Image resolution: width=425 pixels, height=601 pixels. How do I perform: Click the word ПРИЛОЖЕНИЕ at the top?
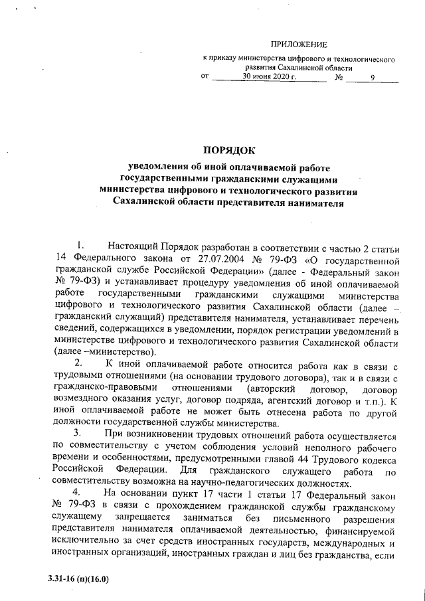(299, 44)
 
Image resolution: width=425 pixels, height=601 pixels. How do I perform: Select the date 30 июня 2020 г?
(267, 77)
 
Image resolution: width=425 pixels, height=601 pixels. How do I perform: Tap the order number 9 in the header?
(373, 78)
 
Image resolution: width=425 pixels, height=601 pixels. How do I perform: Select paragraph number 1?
(80, 248)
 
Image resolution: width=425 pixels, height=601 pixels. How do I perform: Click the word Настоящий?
(133, 248)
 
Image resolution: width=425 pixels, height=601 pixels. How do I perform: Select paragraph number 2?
(80, 363)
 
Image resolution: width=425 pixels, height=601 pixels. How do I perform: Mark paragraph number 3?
(80, 434)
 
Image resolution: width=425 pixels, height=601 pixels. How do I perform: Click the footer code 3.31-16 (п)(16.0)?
(78, 579)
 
